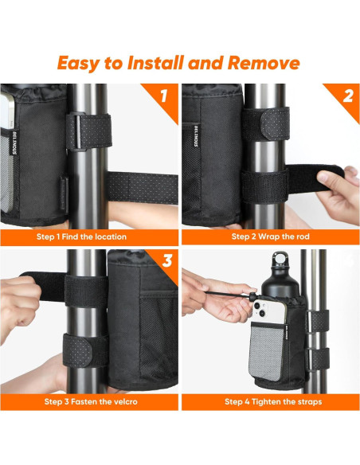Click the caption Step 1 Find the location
point(81,236)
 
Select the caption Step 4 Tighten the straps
point(272,401)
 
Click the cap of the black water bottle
point(279,261)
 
